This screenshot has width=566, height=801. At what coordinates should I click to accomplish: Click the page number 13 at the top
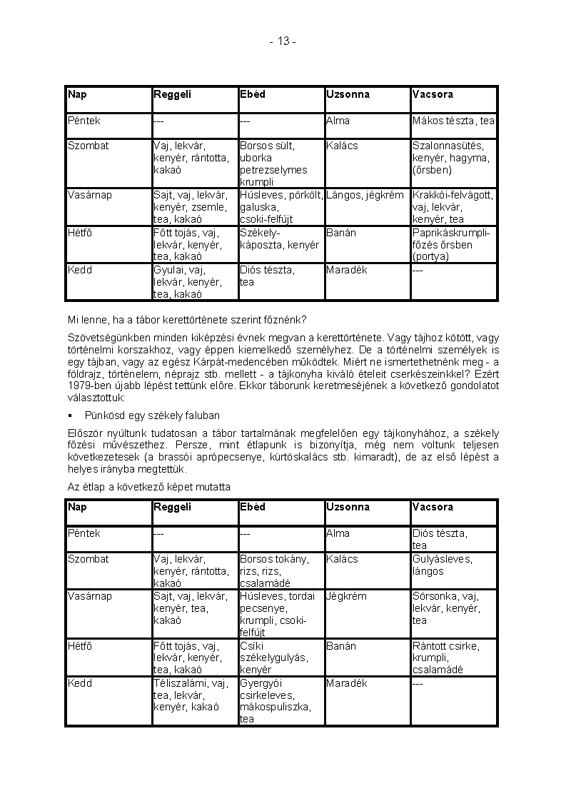pyautogui.click(x=283, y=41)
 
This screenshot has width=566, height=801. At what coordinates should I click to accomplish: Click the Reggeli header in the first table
pyautogui.click(x=172, y=94)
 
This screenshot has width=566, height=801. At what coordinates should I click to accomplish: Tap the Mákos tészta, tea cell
pyautogui.click(x=453, y=121)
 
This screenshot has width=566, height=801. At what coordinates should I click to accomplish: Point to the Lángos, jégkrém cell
pyautogui.click(x=365, y=195)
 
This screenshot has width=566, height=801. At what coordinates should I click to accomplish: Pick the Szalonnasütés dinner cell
pyautogui.click(x=451, y=158)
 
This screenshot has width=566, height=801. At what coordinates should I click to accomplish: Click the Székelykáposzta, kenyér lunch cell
pyautogui.click(x=279, y=239)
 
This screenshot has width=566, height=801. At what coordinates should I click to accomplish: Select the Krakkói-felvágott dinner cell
pyautogui.click(x=453, y=207)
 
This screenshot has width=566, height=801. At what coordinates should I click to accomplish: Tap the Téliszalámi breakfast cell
pyautogui.click(x=191, y=695)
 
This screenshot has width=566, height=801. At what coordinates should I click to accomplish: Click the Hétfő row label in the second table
pyautogui.click(x=80, y=646)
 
